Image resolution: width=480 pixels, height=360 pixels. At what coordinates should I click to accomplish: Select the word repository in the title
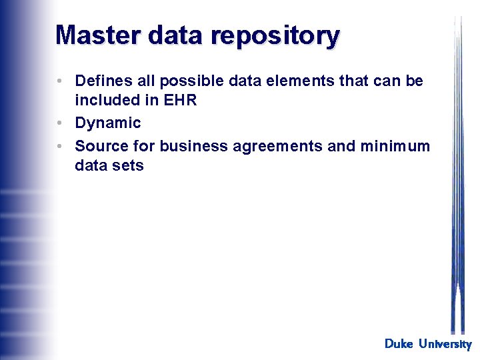[x=275, y=36]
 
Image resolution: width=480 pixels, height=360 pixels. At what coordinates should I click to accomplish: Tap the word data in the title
[x=177, y=35]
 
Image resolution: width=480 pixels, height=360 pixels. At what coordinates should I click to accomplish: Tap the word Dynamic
[x=108, y=123]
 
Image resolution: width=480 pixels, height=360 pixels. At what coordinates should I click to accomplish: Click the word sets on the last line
[x=128, y=165]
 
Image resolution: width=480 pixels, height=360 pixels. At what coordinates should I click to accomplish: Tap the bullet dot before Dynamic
[x=60, y=123]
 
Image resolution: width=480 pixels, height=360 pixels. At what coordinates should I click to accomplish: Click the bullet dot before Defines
[x=60, y=81]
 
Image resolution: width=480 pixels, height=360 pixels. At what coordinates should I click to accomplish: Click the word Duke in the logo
[x=399, y=344]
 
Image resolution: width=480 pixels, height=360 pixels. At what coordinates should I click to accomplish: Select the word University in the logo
[x=445, y=344]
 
